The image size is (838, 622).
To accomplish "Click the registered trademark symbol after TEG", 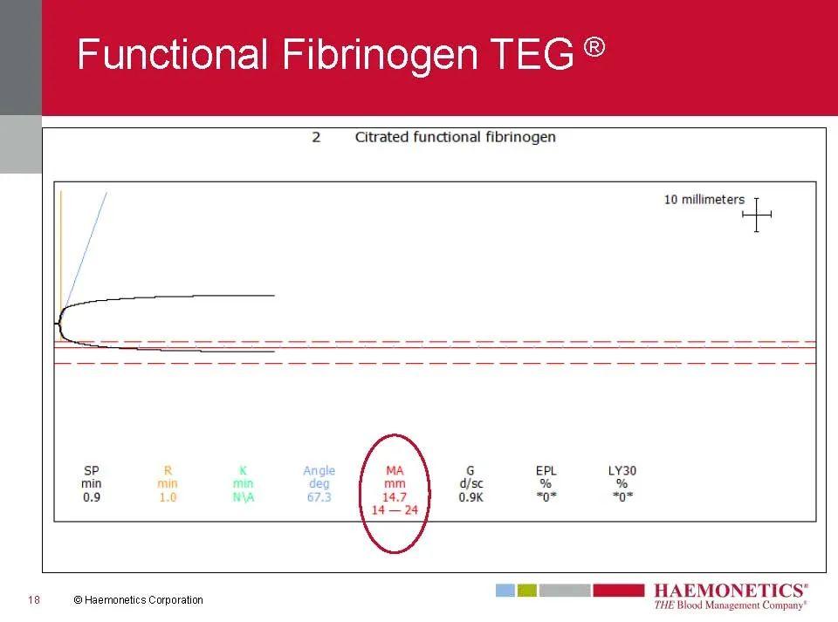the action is coord(594,47).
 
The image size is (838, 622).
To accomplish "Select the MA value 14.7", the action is coord(395,497).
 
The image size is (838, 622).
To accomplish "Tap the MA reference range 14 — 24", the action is coord(395,509).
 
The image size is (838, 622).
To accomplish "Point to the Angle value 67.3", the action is coord(319,497).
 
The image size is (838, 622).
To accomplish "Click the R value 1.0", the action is coord(168,497).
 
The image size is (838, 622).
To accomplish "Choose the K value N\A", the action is coord(244,497).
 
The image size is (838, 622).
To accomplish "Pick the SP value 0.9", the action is coord(92,497).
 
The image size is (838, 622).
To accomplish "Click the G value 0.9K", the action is coord(471,497).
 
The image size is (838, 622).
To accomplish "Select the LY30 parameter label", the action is coord(622,470).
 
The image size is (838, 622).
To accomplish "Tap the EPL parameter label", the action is coord(546,470).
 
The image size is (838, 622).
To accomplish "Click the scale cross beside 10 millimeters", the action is coord(757,215).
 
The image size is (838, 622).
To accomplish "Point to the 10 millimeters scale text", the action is coord(704,200).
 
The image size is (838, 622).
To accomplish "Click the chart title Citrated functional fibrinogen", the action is coord(456,137).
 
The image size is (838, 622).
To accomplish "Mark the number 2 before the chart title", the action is coord(316,137).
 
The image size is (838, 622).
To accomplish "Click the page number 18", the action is coord(34,599).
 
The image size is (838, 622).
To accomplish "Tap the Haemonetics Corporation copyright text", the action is coord(139,599).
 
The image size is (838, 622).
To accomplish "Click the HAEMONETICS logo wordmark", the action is coord(731,591).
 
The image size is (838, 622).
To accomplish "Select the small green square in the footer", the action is coord(527,590).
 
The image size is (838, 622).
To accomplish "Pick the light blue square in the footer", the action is coord(505,590).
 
